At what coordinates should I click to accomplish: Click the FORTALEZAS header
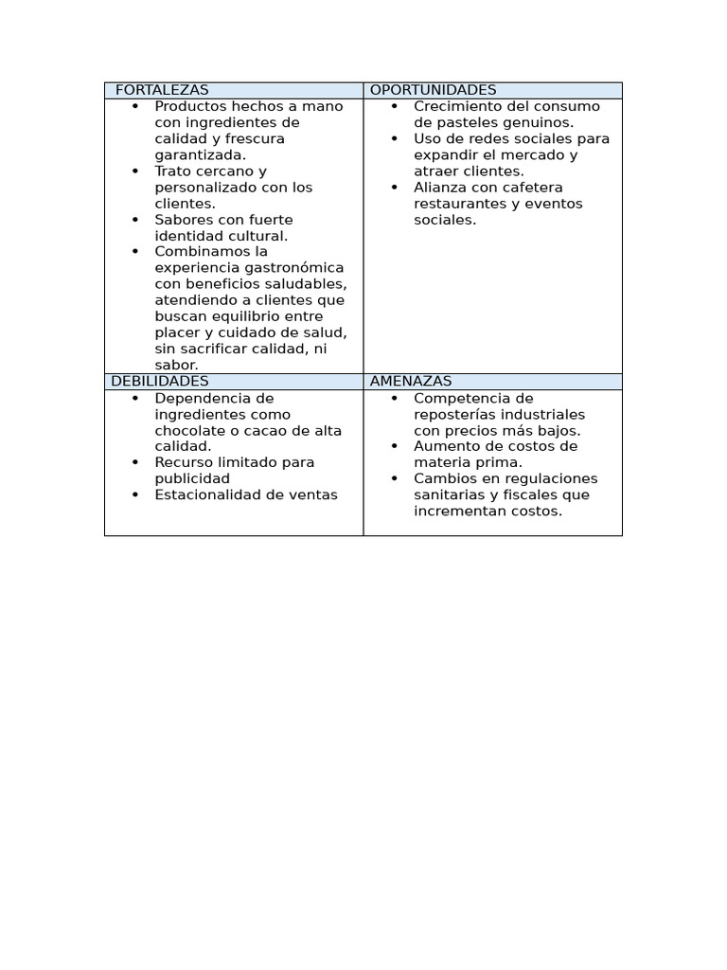point(162,90)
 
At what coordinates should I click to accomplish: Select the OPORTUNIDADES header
point(433,90)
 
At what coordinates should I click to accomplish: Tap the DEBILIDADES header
point(159,381)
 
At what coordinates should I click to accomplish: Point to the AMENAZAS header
point(411,381)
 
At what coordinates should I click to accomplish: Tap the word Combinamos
point(197,251)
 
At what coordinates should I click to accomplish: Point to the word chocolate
point(186,430)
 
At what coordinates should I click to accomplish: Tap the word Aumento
point(444,446)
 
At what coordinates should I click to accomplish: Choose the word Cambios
point(441,478)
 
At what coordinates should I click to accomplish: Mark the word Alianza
point(439,188)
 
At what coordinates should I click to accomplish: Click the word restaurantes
point(455,204)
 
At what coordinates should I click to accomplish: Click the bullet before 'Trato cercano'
point(135,171)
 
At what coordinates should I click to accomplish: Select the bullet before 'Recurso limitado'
point(135,462)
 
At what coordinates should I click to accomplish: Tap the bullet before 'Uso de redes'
point(394,139)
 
